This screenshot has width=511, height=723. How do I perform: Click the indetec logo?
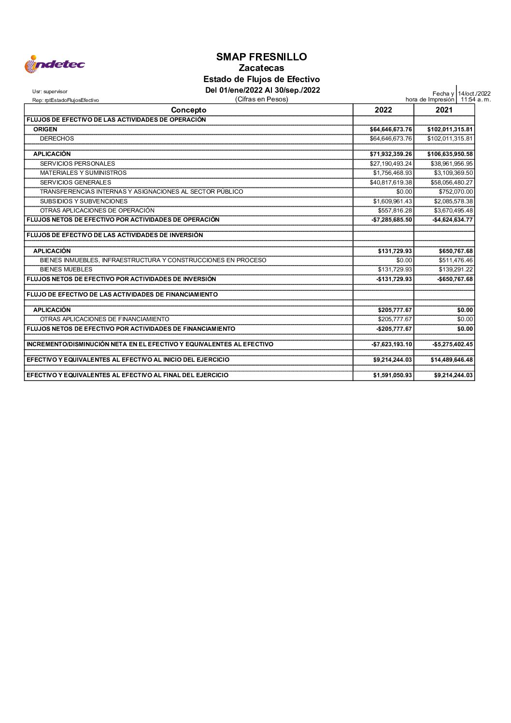(x=55, y=64)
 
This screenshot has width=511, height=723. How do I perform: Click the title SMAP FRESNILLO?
(x=261, y=57)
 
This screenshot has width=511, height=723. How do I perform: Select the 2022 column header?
(x=383, y=110)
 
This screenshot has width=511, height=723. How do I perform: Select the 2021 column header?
(x=444, y=110)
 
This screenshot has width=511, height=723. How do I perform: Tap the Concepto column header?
(x=188, y=110)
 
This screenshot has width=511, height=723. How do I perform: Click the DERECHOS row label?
(x=57, y=139)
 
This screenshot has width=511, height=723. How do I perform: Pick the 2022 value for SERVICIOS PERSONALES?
(x=391, y=164)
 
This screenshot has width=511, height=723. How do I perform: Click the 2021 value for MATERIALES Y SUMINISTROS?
(x=453, y=173)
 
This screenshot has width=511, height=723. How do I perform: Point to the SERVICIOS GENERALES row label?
(x=75, y=183)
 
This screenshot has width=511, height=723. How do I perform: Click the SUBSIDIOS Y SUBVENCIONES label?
(x=84, y=201)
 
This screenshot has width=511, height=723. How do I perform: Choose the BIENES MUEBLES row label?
(x=66, y=269)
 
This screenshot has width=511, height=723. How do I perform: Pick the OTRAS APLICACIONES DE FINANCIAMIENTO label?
(x=104, y=319)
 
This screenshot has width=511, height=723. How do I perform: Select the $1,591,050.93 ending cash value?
(x=392, y=375)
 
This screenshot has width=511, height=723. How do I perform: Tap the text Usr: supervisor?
(x=50, y=91)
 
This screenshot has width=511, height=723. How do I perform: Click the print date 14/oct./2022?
(x=474, y=94)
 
